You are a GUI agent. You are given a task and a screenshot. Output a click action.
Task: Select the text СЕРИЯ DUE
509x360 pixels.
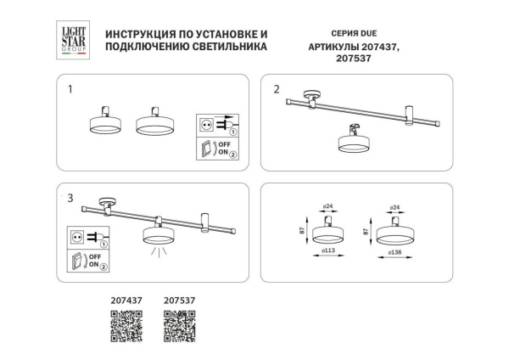[x=325, y=34]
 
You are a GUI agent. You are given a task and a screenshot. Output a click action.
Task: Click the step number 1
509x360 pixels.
[x=70, y=88]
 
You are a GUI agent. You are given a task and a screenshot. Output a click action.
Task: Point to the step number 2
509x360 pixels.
[x=277, y=88]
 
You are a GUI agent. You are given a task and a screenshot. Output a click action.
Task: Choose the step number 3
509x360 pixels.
[x=70, y=198]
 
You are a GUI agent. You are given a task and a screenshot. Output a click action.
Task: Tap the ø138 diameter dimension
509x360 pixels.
[x=394, y=252]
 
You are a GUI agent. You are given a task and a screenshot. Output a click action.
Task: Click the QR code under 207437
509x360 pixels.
[x=126, y=327]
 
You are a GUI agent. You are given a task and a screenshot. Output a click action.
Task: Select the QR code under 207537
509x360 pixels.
[x=180, y=327]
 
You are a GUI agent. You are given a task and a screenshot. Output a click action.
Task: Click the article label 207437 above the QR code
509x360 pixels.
[x=126, y=300]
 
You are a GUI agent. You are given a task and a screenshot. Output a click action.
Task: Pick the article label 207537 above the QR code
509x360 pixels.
[x=180, y=300]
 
